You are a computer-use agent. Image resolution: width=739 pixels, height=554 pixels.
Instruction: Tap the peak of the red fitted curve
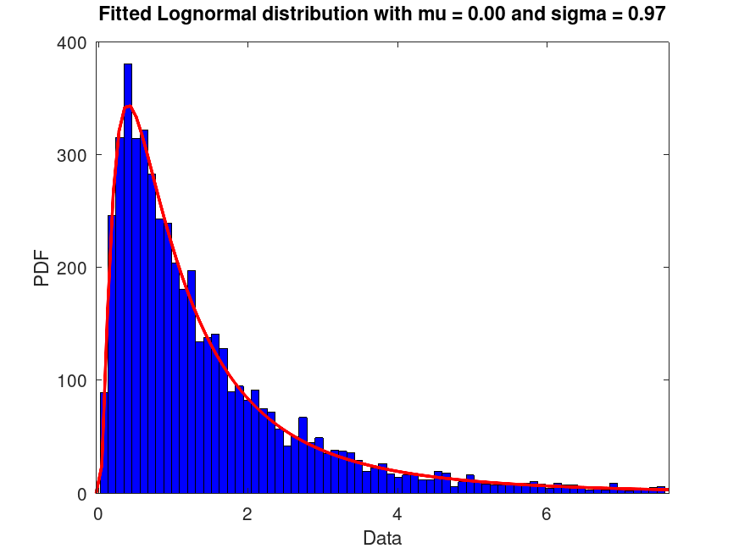point(128,107)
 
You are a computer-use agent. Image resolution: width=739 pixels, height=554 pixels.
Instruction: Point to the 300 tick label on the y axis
point(71,155)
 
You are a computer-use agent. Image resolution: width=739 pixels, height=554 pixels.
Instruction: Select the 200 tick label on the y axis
point(71,268)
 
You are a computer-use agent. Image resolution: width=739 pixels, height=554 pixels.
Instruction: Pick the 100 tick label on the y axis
point(71,380)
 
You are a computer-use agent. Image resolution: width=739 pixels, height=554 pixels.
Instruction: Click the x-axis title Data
point(382,538)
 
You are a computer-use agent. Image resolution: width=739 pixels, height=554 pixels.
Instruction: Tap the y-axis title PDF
point(42,268)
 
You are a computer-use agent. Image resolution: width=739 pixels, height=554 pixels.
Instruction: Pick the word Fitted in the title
point(124,14)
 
